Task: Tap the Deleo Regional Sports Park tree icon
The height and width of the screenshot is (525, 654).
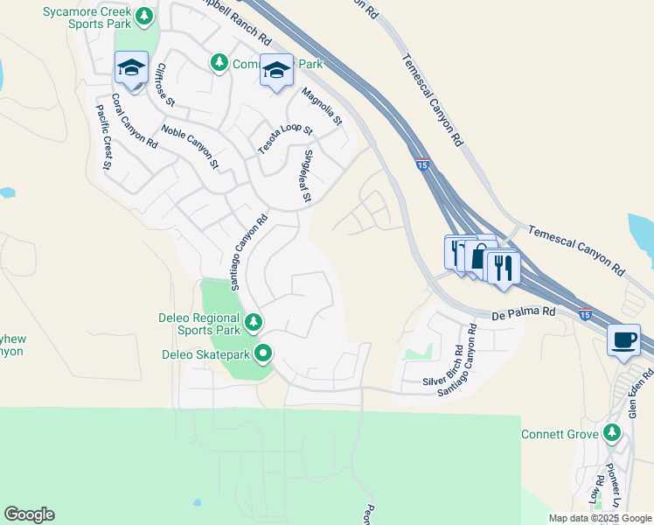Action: pyautogui.click(x=254, y=322)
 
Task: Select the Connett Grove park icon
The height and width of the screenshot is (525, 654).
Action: pyautogui.click(x=612, y=433)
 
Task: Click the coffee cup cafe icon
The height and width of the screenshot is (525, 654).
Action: pyautogui.click(x=623, y=340)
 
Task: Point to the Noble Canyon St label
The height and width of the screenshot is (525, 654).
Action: pyautogui.click(x=190, y=146)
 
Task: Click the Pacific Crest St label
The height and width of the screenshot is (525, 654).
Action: pyautogui.click(x=103, y=136)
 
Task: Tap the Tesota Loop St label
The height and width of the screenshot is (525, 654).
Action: pyautogui.click(x=285, y=139)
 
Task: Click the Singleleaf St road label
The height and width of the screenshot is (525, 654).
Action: pyautogui.click(x=306, y=176)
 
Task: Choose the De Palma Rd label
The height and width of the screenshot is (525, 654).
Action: pyautogui.click(x=524, y=311)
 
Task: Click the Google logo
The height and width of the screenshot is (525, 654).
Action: pyautogui.click(x=29, y=514)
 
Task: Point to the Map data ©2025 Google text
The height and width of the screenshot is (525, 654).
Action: pyautogui.click(x=600, y=518)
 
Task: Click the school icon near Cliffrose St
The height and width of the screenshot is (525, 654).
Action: pyautogui.click(x=131, y=69)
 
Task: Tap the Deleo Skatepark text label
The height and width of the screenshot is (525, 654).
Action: pyautogui.click(x=206, y=354)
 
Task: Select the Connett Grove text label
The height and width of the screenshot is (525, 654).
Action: pyautogui.click(x=560, y=435)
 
